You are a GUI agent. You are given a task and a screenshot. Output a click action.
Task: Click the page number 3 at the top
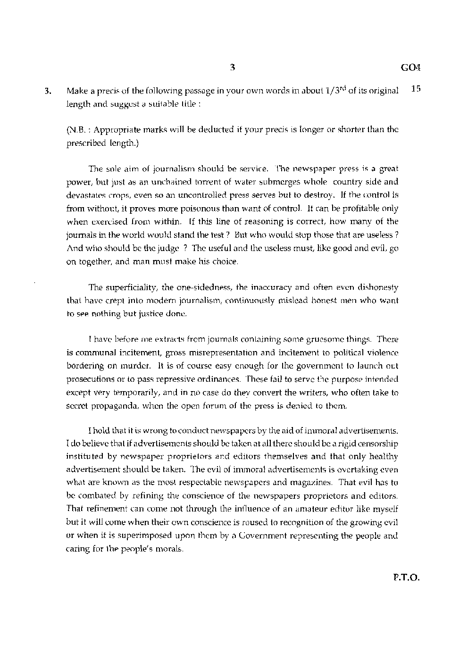(233, 67)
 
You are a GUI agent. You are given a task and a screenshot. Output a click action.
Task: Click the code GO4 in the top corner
(410, 67)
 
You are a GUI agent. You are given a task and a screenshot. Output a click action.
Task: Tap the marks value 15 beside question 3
(416, 89)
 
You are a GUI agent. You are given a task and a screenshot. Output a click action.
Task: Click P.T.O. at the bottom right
(406, 577)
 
